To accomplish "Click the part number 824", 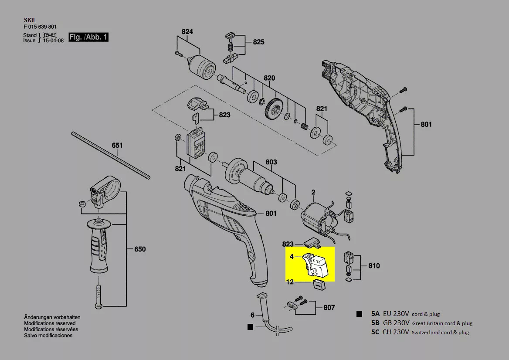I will point(187,32).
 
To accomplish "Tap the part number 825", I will point(258,42).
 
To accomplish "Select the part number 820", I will point(269,78).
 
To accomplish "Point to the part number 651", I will point(118,145).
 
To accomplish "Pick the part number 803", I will point(271,162).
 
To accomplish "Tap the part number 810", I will point(374,266).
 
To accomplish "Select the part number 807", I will point(329,308).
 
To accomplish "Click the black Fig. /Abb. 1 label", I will point(88,37).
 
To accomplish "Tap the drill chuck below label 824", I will point(203,64).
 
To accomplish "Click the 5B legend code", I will point(375,323).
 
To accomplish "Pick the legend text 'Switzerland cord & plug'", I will point(440,333).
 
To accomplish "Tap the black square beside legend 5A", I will point(359,314).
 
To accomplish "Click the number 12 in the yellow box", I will point(290,282).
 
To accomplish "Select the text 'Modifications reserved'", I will point(50,323).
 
